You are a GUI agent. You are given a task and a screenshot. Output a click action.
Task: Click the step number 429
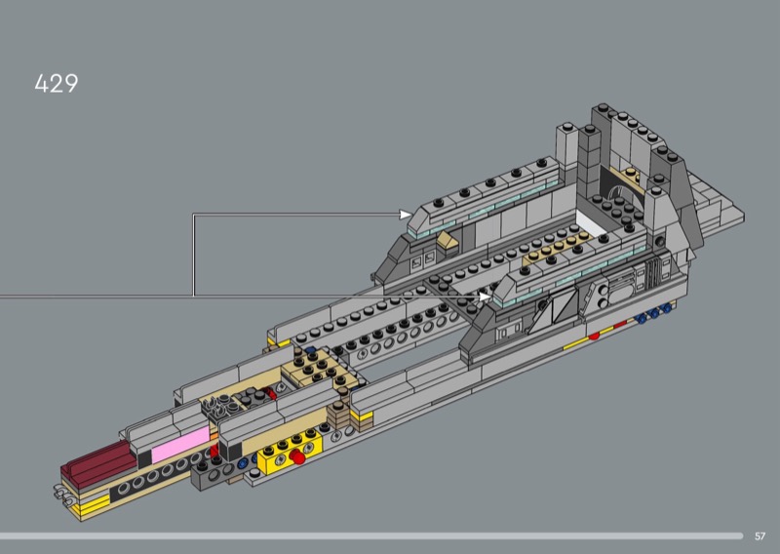click(57, 84)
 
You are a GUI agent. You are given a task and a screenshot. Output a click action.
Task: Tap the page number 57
click(760, 536)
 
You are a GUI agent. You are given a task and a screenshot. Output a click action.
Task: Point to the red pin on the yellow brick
click(297, 456)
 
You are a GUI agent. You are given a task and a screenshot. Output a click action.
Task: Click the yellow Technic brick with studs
click(290, 453)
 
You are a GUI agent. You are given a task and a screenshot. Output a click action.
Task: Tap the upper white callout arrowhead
click(406, 214)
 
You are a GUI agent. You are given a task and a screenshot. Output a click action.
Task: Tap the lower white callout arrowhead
click(485, 297)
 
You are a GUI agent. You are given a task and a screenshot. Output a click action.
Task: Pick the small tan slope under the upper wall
click(448, 243)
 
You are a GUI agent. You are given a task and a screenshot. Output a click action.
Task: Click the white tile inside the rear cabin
click(591, 223)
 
